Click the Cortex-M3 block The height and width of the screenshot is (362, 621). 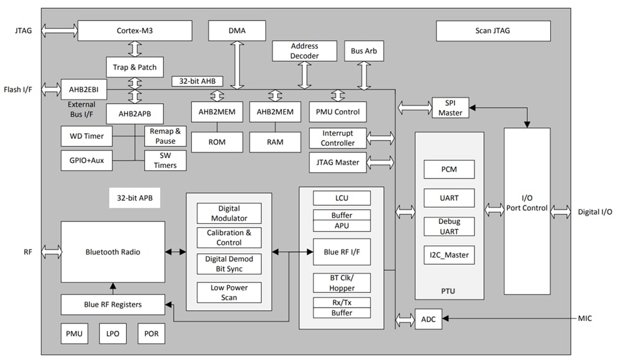click(134, 30)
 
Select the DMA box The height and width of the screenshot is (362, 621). click(237, 30)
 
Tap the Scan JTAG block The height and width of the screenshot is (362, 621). click(492, 30)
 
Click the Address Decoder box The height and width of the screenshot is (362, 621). click(304, 51)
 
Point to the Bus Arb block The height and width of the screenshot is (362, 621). click(363, 51)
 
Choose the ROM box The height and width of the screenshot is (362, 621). click(217, 142)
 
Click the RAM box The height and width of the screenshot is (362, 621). click(275, 142)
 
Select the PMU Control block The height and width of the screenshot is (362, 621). click(337, 112)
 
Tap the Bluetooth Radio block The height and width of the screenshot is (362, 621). click(112, 252)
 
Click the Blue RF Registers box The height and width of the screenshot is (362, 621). click(112, 304)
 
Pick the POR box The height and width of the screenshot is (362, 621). click(151, 333)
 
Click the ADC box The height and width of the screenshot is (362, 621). click(428, 319)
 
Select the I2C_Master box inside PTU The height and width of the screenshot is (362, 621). click(450, 254)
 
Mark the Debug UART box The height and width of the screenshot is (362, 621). click(450, 226)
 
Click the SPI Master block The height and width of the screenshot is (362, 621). click(450, 108)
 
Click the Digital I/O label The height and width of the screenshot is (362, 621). click(595, 212)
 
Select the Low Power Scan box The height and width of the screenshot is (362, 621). click(229, 292)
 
